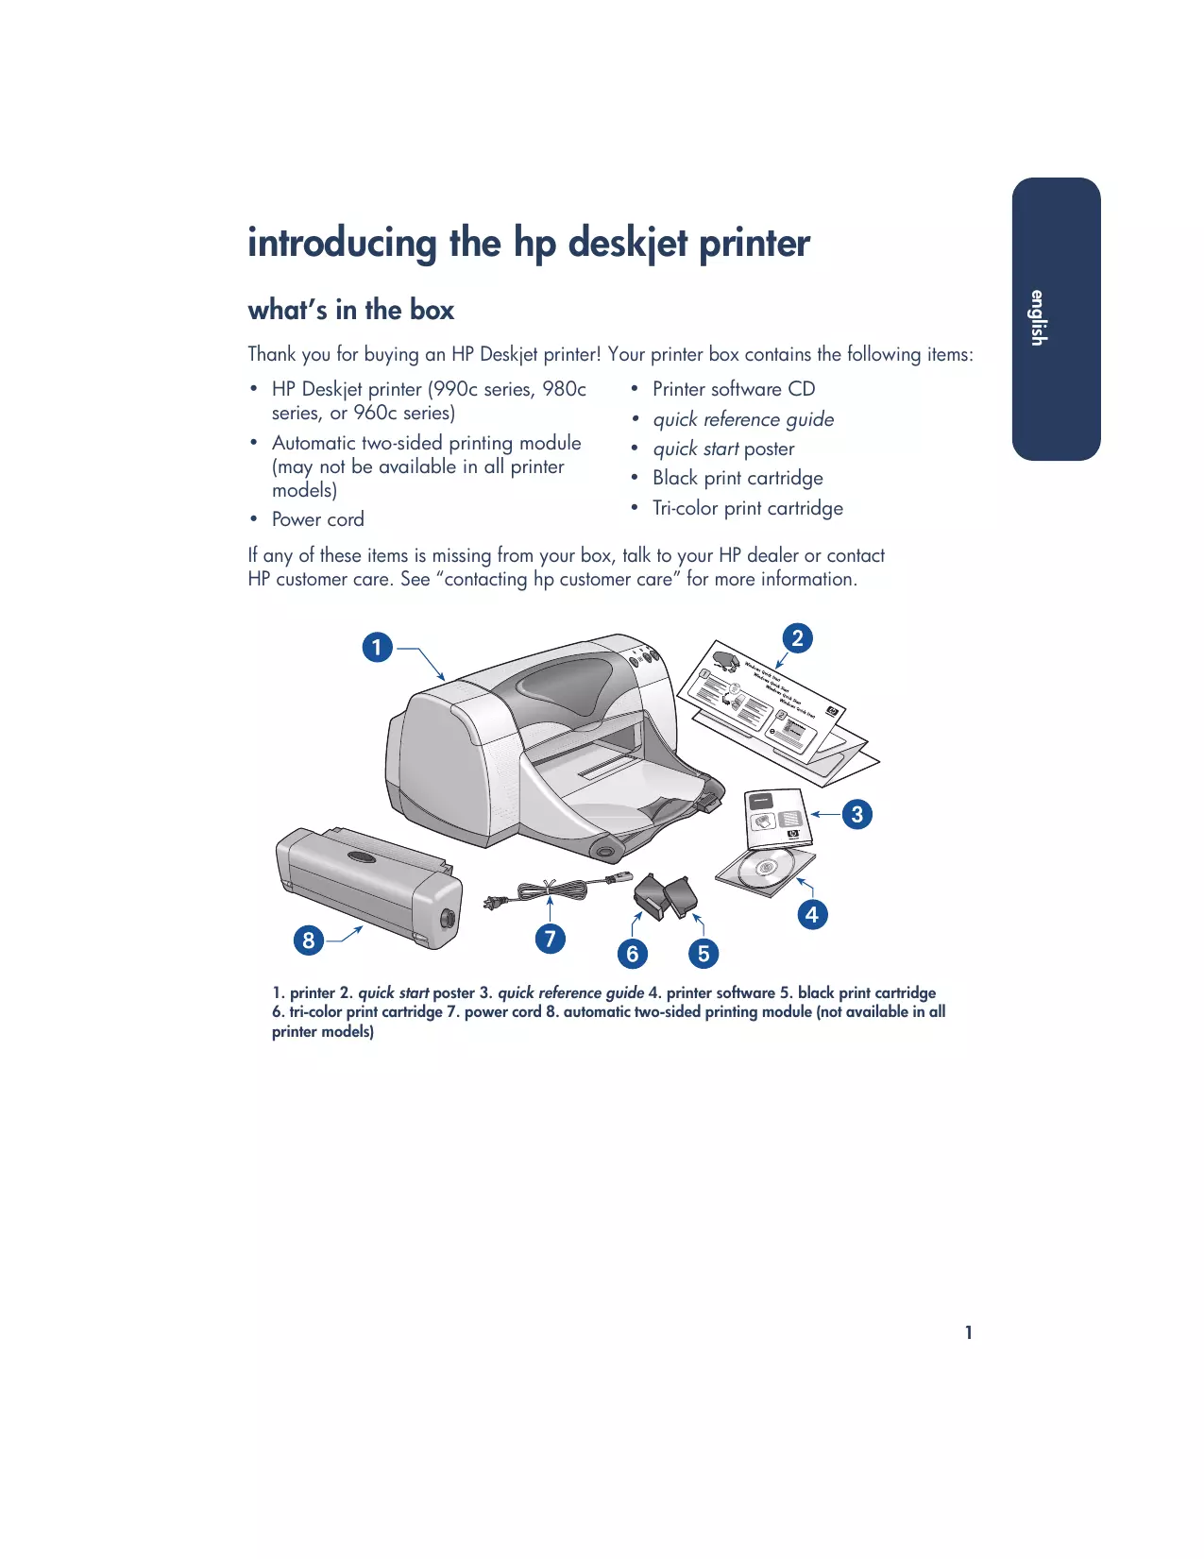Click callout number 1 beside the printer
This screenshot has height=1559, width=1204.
pos(377,648)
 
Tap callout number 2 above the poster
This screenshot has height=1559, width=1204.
pos(797,638)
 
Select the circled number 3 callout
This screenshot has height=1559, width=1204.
pos(856,814)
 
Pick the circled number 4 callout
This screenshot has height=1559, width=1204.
pos(811,914)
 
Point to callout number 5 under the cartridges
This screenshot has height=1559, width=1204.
pos(703,954)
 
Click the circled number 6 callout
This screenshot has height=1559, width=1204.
pos(633,954)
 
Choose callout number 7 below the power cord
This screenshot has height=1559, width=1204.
pos(550,939)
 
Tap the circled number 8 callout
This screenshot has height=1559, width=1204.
pos(308,940)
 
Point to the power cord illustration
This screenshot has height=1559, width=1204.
pos(552,890)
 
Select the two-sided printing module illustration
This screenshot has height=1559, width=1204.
pos(368,886)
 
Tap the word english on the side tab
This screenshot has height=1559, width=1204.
pos(1038,318)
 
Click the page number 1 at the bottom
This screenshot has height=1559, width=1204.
pos(968,1332)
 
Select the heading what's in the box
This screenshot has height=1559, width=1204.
pos(350,310)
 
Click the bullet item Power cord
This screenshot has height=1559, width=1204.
pos(317,519)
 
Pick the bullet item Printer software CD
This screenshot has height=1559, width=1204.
pos(733,389)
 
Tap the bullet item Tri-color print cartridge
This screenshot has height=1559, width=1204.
pos(747,508)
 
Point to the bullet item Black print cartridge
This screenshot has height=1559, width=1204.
pos(737,478)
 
